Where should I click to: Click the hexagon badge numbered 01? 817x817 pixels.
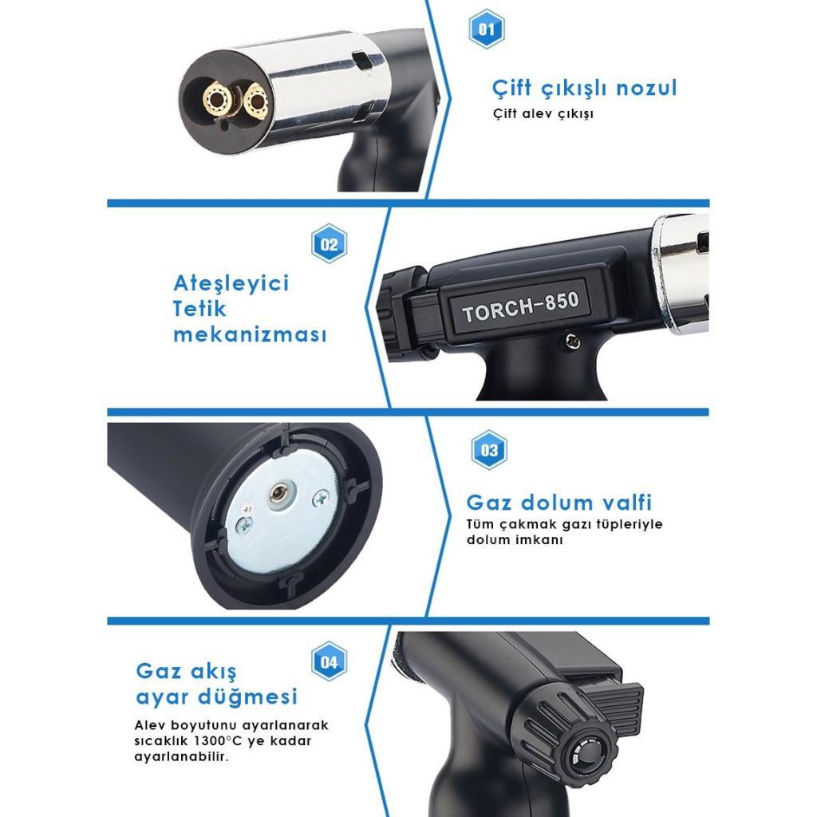486,30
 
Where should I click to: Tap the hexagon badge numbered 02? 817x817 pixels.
330,244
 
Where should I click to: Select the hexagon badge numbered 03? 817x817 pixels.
489,451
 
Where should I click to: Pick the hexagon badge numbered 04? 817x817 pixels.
330,661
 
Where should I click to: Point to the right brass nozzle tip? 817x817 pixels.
257,101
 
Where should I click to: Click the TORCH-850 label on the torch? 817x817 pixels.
520,307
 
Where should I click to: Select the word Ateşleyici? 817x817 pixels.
231,283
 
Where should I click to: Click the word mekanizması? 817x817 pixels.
250,334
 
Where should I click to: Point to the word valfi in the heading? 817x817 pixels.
625,503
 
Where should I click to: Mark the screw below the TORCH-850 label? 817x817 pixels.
571,341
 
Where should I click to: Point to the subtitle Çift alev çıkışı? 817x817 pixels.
543,113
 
